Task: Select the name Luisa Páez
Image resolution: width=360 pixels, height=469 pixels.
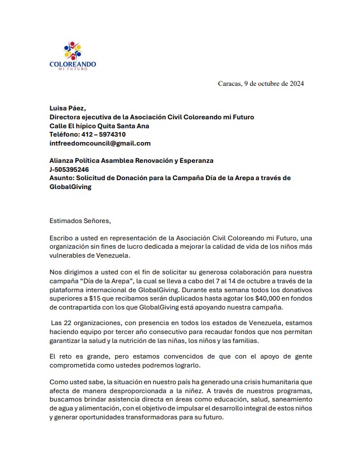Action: click(x=68, y=108)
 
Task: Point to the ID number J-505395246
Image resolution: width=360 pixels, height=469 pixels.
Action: click(x=69, y=169)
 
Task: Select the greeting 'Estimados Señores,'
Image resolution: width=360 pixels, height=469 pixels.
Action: click(x=80, y=220)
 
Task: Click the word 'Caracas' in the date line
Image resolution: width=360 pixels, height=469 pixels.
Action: click(x=230, y=84)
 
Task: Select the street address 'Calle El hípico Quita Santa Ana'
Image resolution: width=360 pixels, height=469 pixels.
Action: click(x=99, y=125)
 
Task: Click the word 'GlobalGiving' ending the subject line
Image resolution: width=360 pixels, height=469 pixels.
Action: click(x=70, y=187)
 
